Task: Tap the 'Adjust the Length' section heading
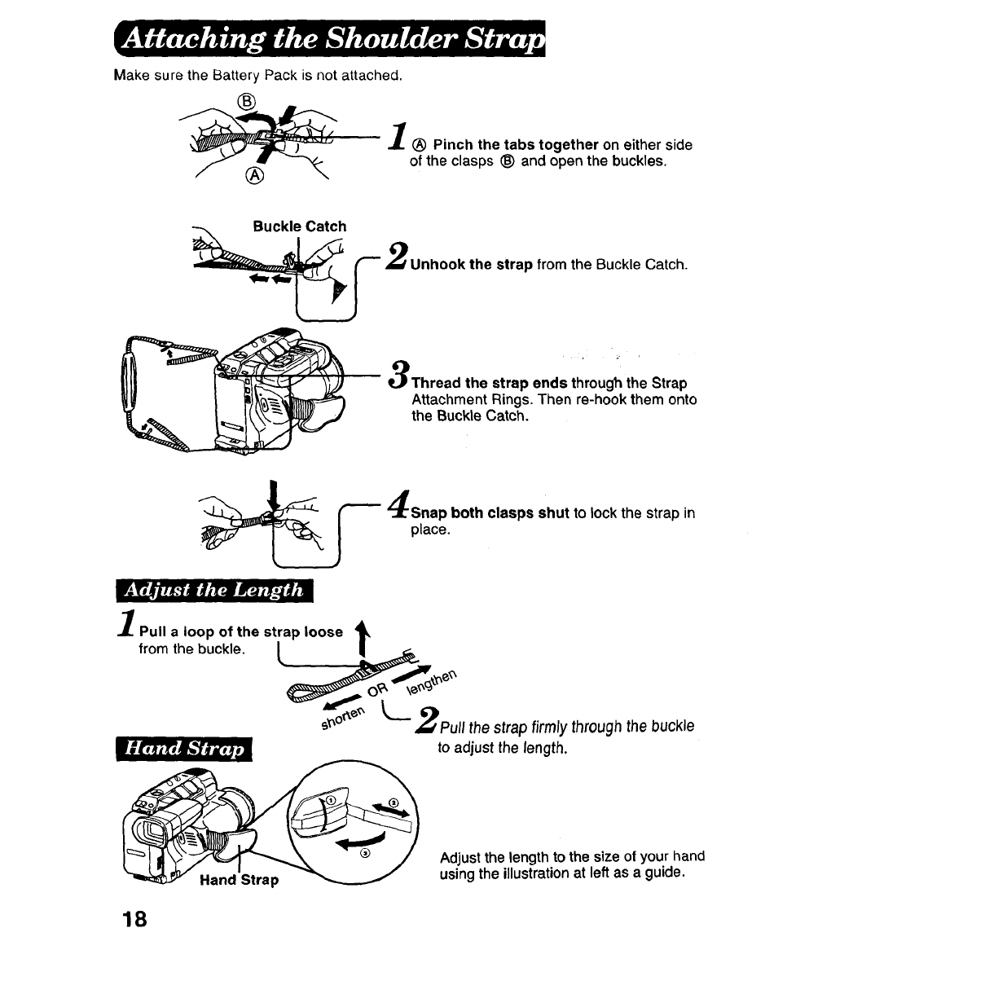point(214,589)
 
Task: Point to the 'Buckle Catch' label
point(299,226)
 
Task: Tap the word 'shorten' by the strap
point(341,718)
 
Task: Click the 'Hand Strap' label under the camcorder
point(239,880)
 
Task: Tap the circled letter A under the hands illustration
point(255,178)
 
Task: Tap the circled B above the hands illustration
point(245,101)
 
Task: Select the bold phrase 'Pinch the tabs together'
point(516,145)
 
